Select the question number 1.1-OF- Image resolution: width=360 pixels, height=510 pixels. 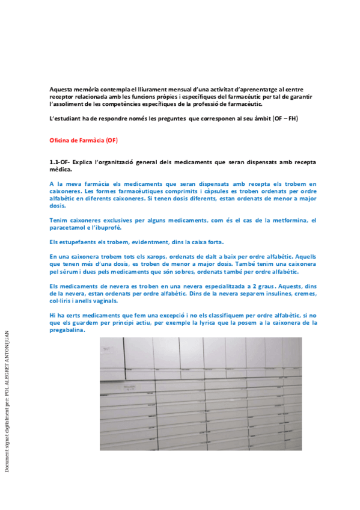coord(60,162)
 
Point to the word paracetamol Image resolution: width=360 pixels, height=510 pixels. coord(70,228)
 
